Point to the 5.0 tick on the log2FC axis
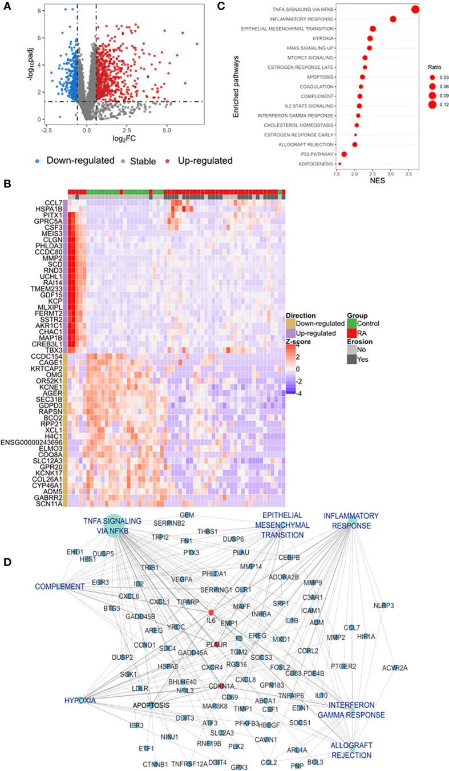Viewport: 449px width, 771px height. [x=166, y=131]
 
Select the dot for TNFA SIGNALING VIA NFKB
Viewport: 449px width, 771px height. [x=415, y=9]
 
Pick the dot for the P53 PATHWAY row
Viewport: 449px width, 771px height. [x=344, y=154]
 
